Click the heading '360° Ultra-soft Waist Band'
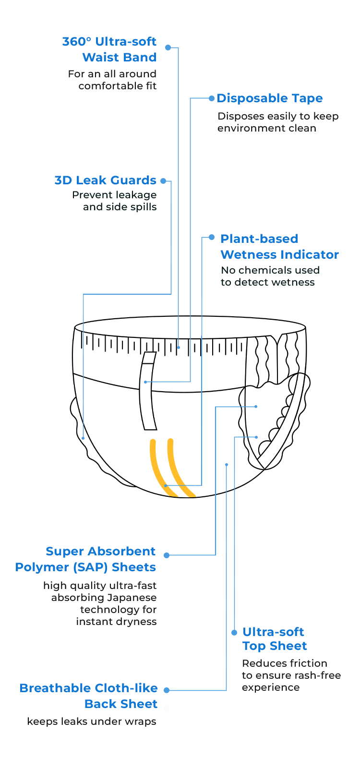(x=109, y=49)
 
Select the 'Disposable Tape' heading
(x=270, y=98)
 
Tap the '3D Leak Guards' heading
(x=106, y=180)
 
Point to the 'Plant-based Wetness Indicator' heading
(x=279, y=246)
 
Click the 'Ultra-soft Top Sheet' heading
(x=274, y=639)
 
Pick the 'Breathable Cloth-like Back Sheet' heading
(x=89, y=696)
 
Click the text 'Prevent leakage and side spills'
(x=115, y=201)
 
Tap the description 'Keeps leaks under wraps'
(x=92, y=721)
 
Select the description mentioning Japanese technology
(x=100, y=603)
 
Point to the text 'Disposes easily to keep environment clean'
(x=278, y=122)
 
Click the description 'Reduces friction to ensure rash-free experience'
(x=290, y=675)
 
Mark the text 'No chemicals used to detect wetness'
(x=270, y=276)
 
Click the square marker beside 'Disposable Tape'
(x=212, y=98)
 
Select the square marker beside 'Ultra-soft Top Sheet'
(x=234, y=633)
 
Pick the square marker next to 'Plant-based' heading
(x=212, y=237)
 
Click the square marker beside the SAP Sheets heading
(x=166, y=555)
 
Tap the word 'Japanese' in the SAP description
(x=130, y=598)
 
